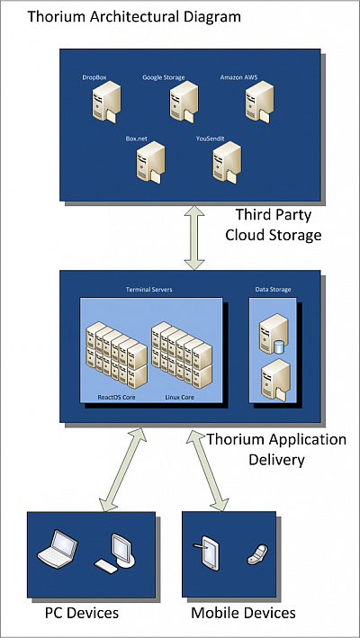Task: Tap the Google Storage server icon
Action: pos(175,104)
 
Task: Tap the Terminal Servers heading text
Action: pos(149,290)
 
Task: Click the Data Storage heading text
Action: pos(273,290)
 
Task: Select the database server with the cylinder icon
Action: pos(271,334)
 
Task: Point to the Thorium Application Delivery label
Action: pos(275,449)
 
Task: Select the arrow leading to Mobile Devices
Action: pos(210,468)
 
